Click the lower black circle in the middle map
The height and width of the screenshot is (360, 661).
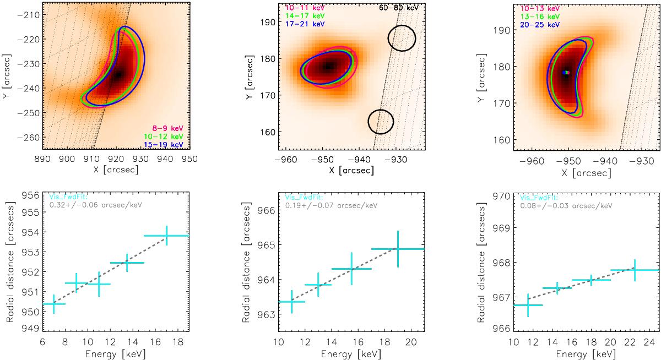click(381, 121)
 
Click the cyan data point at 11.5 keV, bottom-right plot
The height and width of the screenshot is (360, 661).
click(528, 305)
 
